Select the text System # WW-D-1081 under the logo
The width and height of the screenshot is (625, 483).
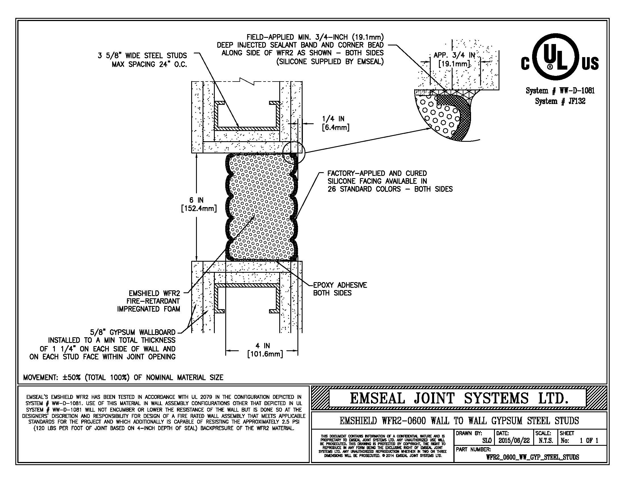coord(560,91)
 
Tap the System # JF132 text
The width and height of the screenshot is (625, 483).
coord(560,101)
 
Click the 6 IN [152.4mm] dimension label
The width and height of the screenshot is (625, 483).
coord(199,204)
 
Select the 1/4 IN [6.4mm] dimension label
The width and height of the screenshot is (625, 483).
coord(336,123)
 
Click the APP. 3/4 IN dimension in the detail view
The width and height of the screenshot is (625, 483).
coord(454,59)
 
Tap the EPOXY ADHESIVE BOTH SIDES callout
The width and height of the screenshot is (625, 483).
coord(340,289)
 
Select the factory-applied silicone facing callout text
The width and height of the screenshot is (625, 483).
coord(390,181)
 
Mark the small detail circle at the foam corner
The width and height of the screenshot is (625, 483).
coord(294,152)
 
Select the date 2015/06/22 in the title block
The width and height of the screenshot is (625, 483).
coord(514,441)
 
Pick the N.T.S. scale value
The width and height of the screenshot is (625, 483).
coord(546,441)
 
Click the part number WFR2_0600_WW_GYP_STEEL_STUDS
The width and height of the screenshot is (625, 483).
coord(532,457)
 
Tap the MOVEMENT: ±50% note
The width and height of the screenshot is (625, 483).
coord(123,377)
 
